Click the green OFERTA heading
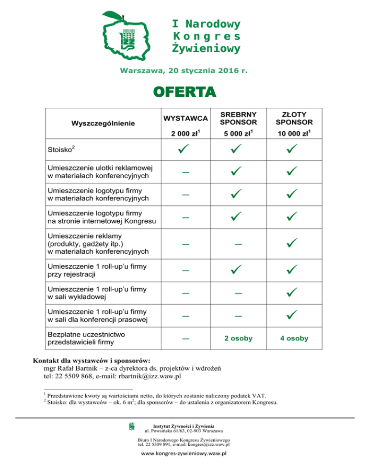(184, 92)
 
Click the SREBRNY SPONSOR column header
(238, 118)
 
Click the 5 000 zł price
(238, 133)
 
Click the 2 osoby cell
(238, 339)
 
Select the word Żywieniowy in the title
(206, 48)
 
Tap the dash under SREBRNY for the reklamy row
(238, 244)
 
